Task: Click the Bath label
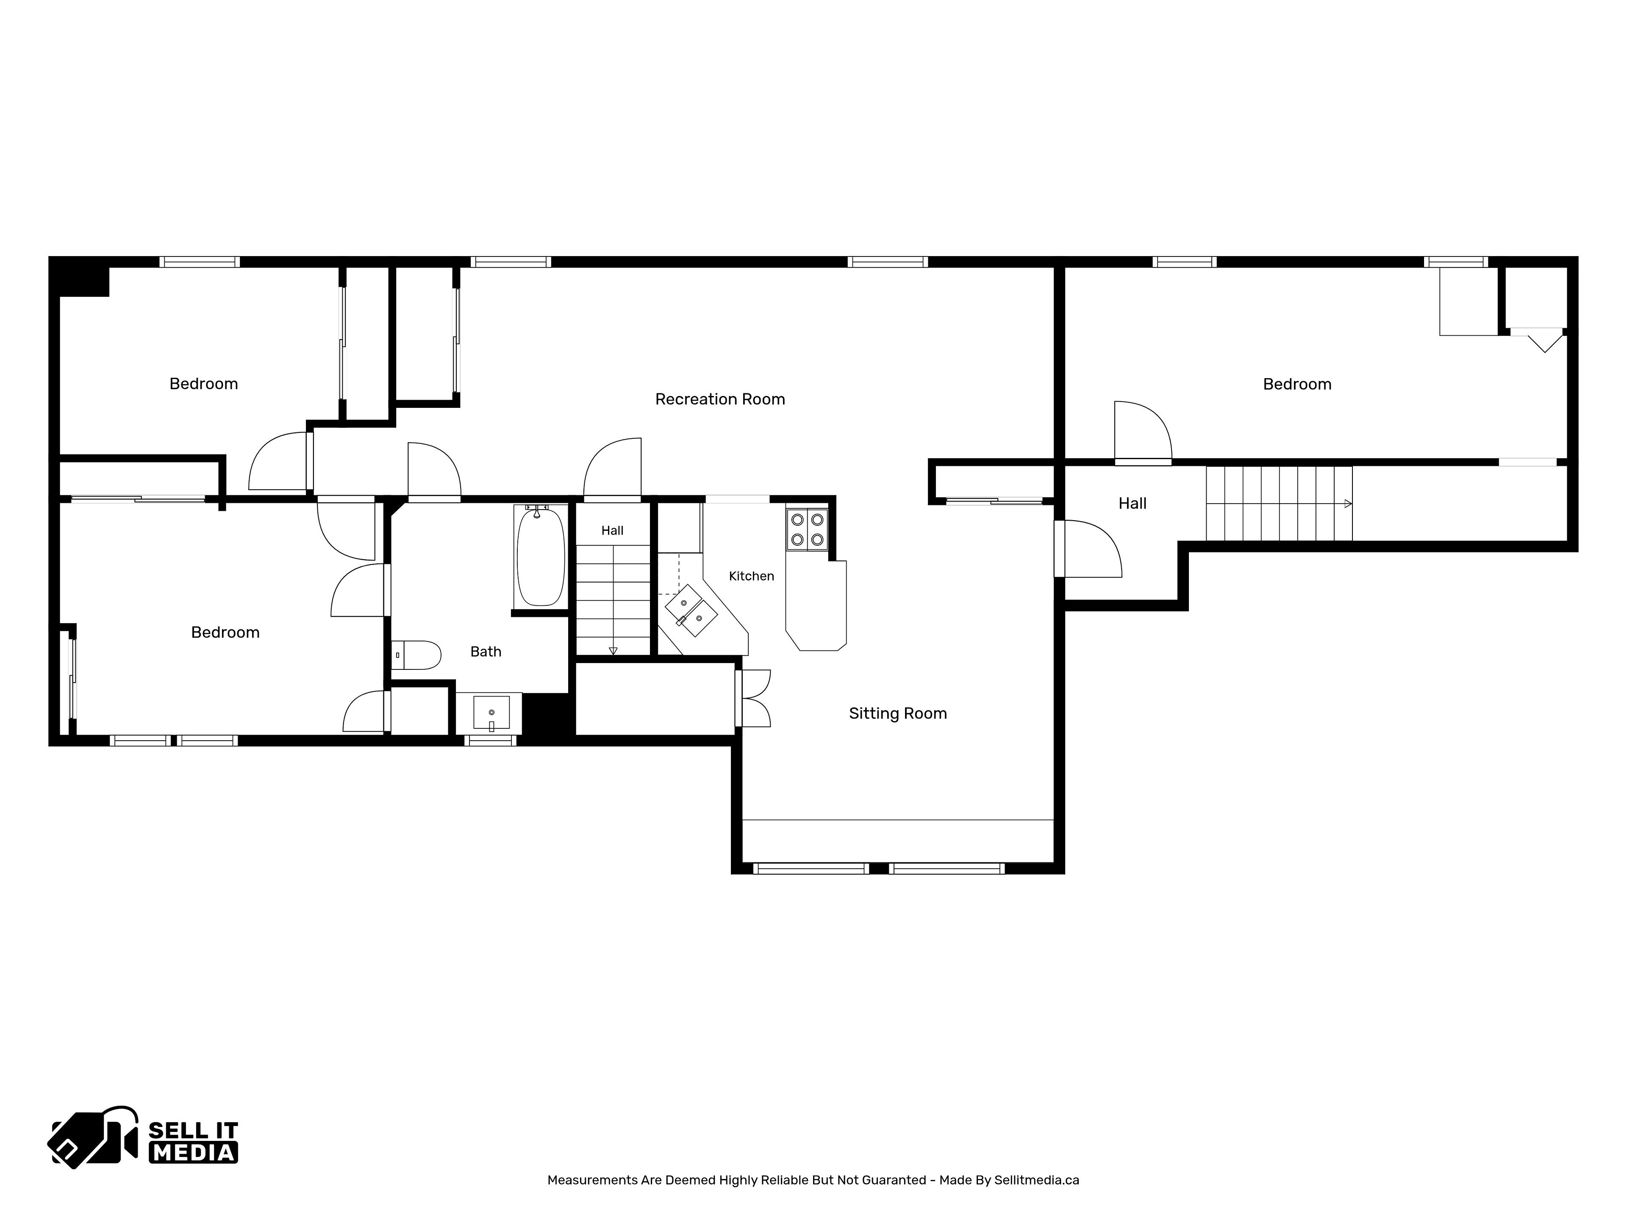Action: [x=486, y=651]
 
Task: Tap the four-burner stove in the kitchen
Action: [x=807, y=529]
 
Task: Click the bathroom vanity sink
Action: [x=491, y=712]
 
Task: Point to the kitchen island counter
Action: [x=816, y=605]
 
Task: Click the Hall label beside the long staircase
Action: [x=1132, y=503]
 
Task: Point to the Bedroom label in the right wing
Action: [x=1297, y=384]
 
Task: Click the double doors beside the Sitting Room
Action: [x=753, y=698]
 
